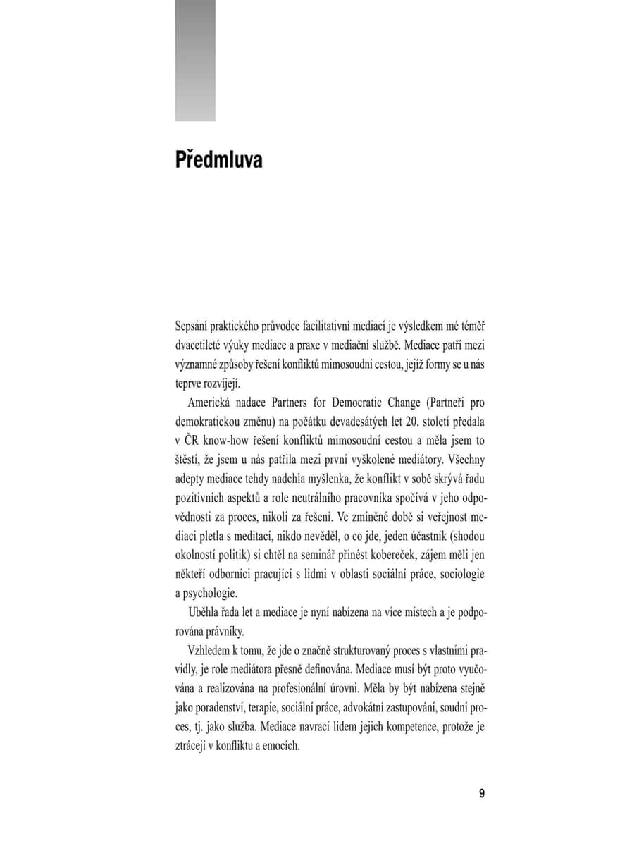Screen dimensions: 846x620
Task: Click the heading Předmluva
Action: pos(218,159)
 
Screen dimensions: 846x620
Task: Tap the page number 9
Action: pos(482,793)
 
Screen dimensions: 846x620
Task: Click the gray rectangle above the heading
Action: pos(195,60)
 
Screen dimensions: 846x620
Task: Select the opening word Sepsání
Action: pos(192,328)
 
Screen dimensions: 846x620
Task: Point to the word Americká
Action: pos(210,403)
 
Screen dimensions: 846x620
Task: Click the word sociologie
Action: pos(461,574)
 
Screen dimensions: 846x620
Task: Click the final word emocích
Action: pos(281,745)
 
